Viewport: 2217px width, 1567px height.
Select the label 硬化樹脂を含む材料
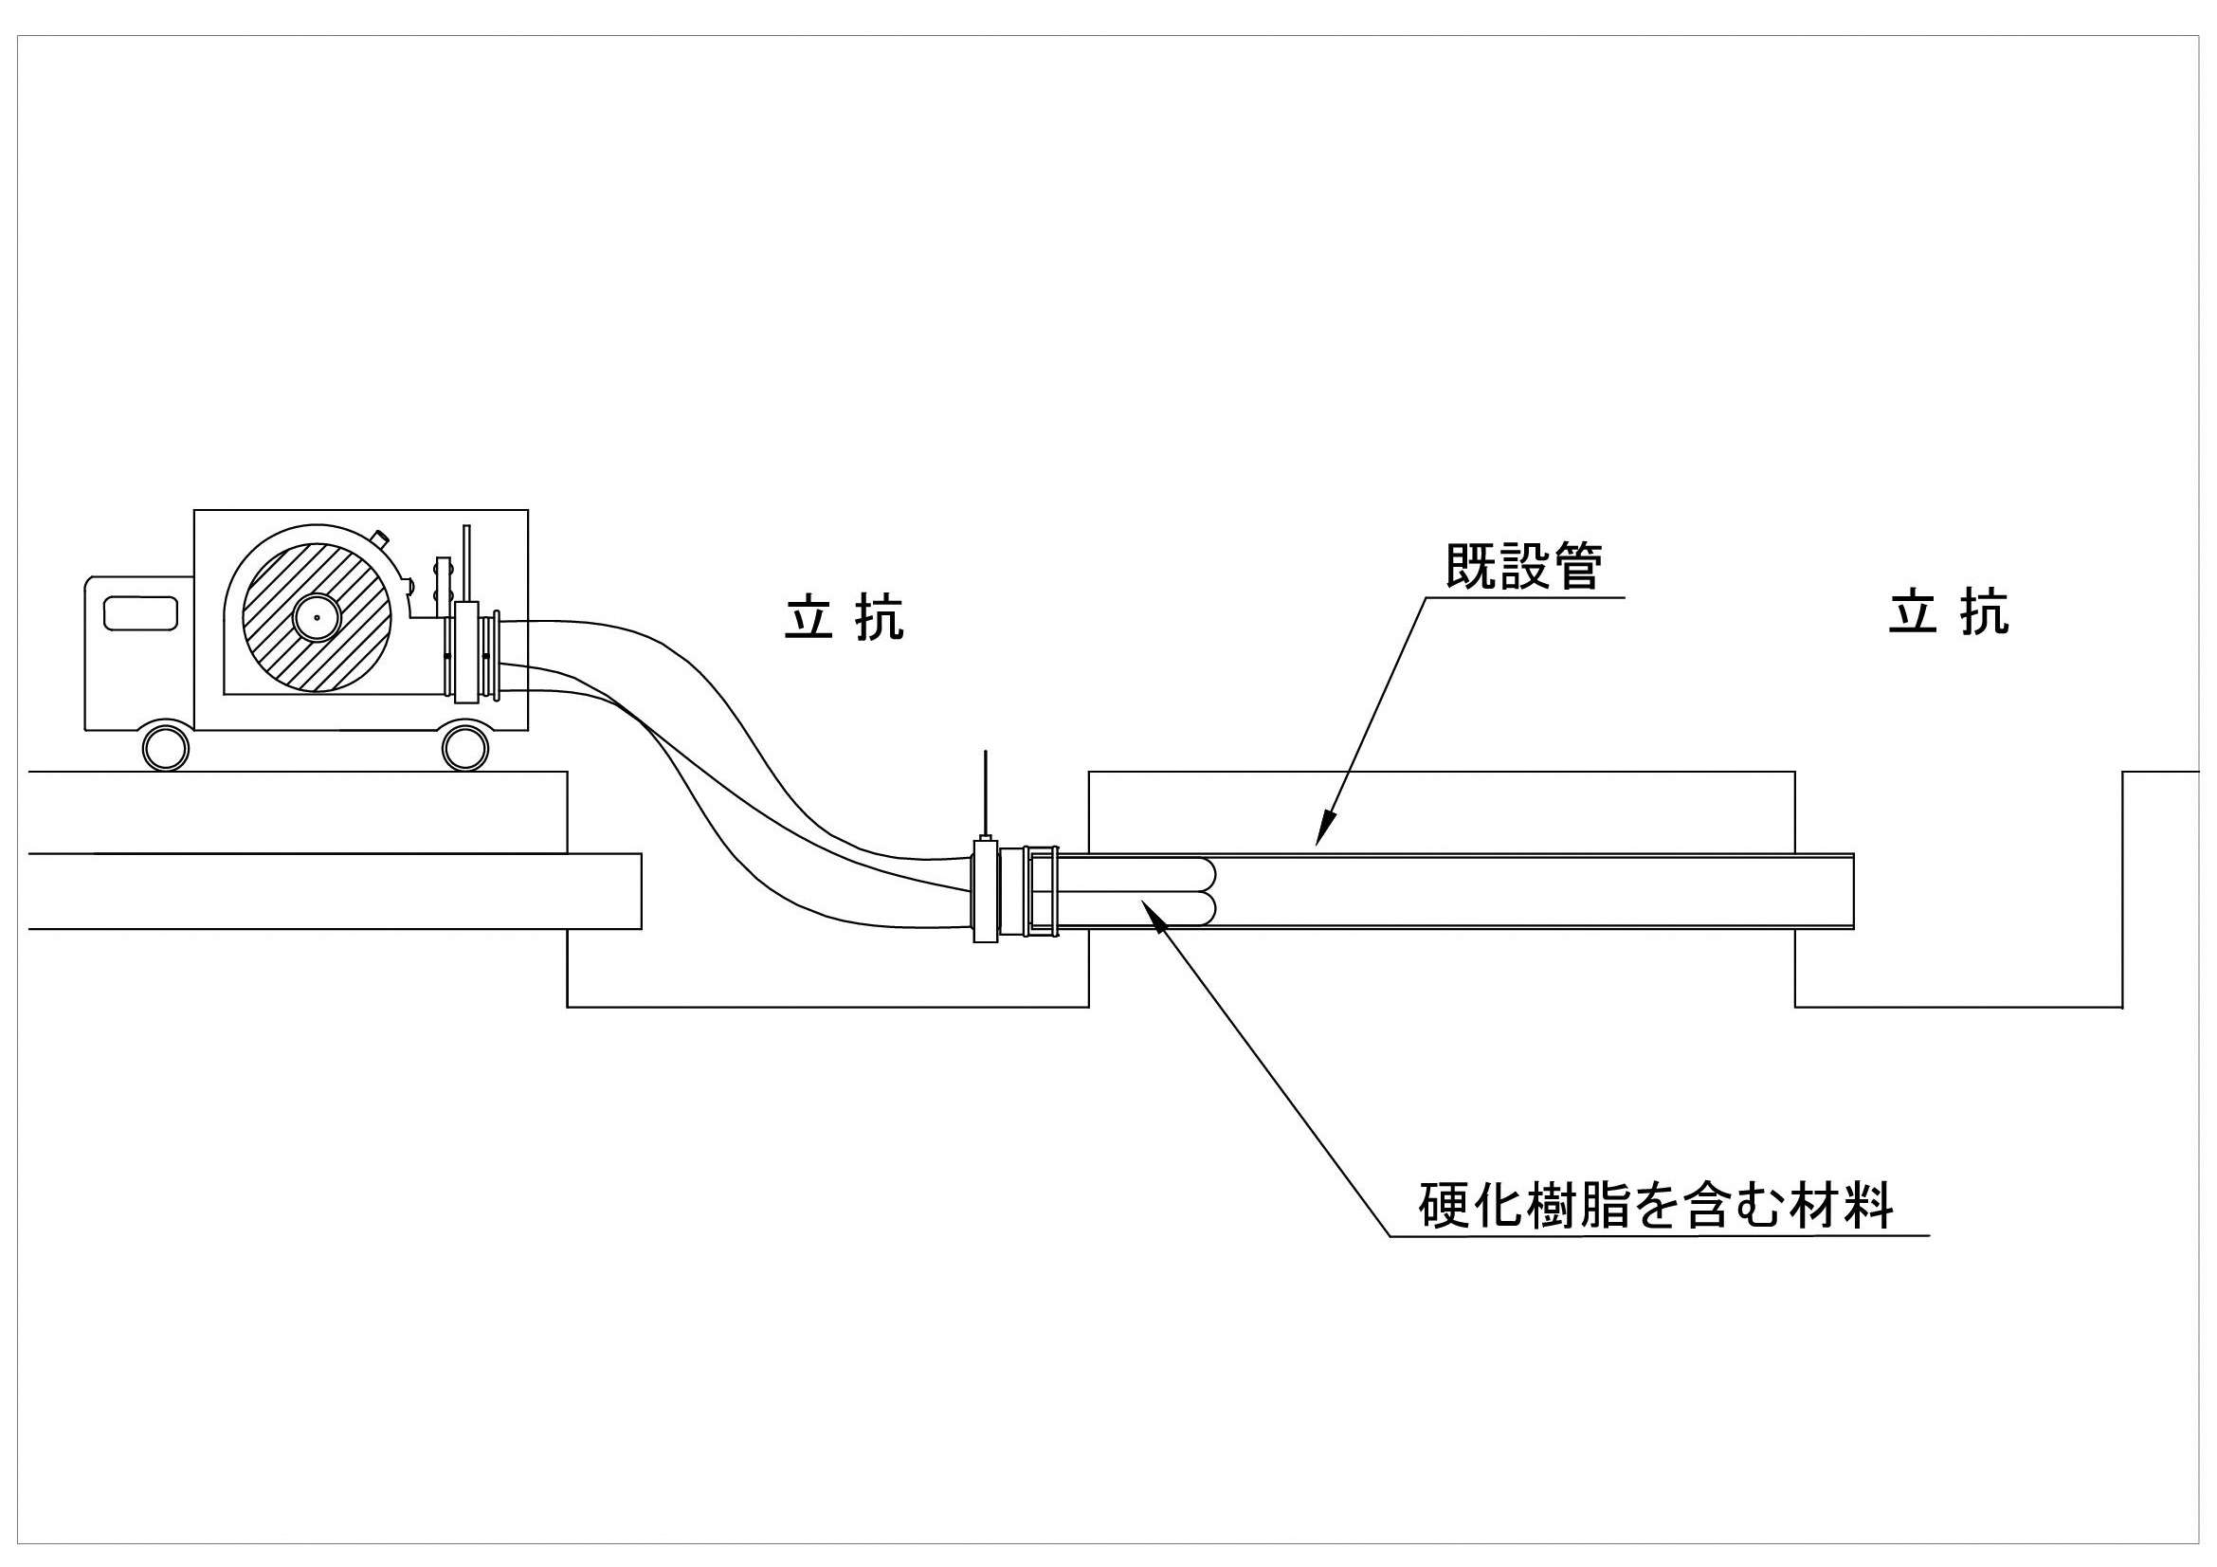(1655, 1204)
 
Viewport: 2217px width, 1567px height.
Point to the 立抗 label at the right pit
(1948, 613)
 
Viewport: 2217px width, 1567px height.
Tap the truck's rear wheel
(464, 746)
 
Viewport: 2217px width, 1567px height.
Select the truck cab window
(141, 614)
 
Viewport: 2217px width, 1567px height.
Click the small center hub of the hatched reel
(316, 618)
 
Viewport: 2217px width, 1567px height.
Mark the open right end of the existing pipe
(1852, 891)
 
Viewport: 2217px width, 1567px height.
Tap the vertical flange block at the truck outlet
(467, 652)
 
